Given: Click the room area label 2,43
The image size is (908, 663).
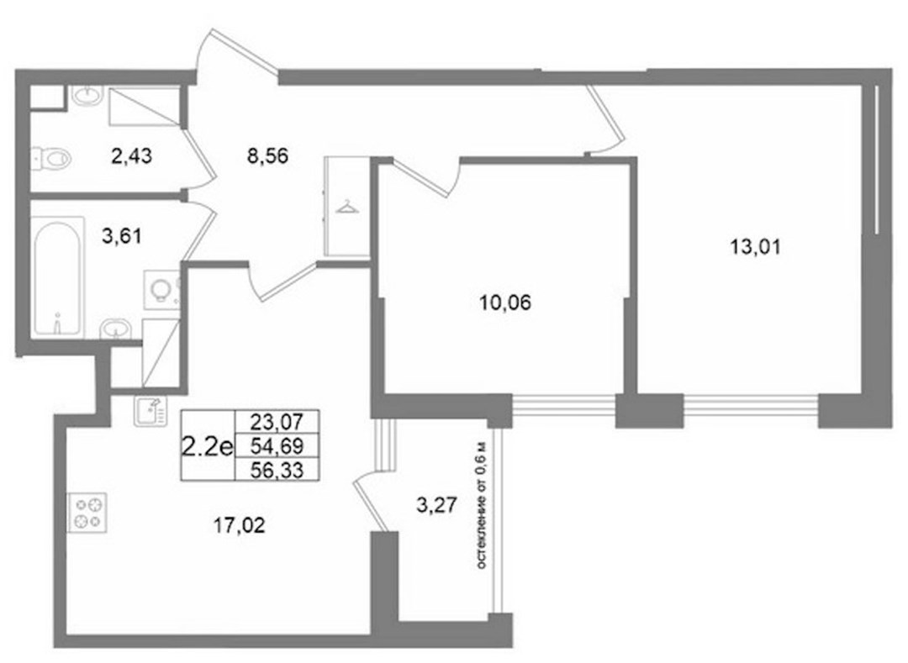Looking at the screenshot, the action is tap(131, 155).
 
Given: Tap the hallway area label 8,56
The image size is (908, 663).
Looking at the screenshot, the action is tap(267, 155).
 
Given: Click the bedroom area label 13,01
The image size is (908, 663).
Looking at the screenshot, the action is tap(755, 247).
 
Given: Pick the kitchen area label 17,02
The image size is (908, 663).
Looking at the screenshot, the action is tap(239, 525).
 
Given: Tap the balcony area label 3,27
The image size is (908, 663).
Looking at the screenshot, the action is tap(437, 505).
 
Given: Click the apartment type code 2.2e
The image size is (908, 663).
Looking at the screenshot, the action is tap(208, 446).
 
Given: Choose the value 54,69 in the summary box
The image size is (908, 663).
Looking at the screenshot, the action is tap(277, 445).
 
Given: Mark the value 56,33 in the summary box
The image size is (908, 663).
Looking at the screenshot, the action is tap(277, 470).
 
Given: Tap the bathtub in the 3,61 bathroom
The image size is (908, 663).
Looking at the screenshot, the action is tap(57, 276).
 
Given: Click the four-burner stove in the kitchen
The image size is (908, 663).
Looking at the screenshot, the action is tap(87, 513).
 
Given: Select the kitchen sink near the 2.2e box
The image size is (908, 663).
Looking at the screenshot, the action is tap(150, 411).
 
